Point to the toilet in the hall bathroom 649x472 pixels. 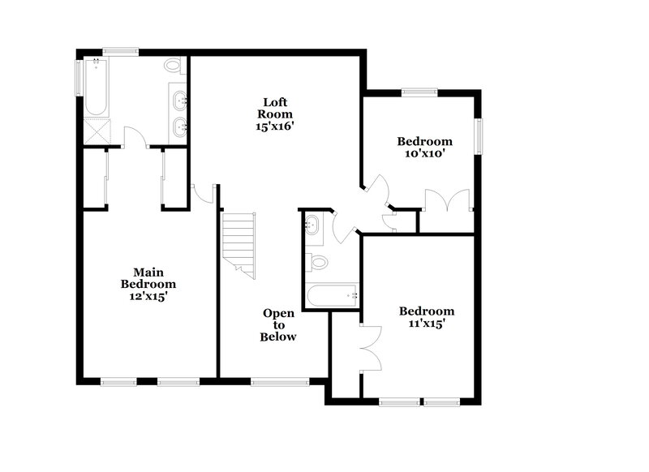[x=318, y=263]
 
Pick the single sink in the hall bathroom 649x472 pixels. [x=312, y=226]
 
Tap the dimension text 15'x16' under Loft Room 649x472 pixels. [x=273, y=127]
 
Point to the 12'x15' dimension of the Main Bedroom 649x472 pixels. [x=148, y=296]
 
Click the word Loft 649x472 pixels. [x=273, y=102]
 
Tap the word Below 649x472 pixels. [x=278, y=337]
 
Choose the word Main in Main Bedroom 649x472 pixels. [x=148, y=272]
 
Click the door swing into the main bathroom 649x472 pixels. [x=134, y=138]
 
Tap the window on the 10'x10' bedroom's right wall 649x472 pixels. [x=479, y=135]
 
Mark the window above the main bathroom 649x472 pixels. [x=118, y=52]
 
